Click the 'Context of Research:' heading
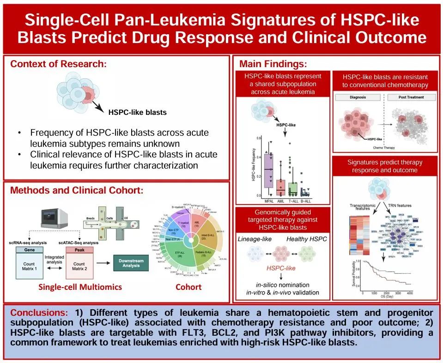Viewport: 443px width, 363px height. (x=58, y=64)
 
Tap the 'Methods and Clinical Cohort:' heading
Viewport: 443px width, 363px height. (x=77, y=190)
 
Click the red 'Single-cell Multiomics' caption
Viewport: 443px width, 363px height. (x=80, y=287)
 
